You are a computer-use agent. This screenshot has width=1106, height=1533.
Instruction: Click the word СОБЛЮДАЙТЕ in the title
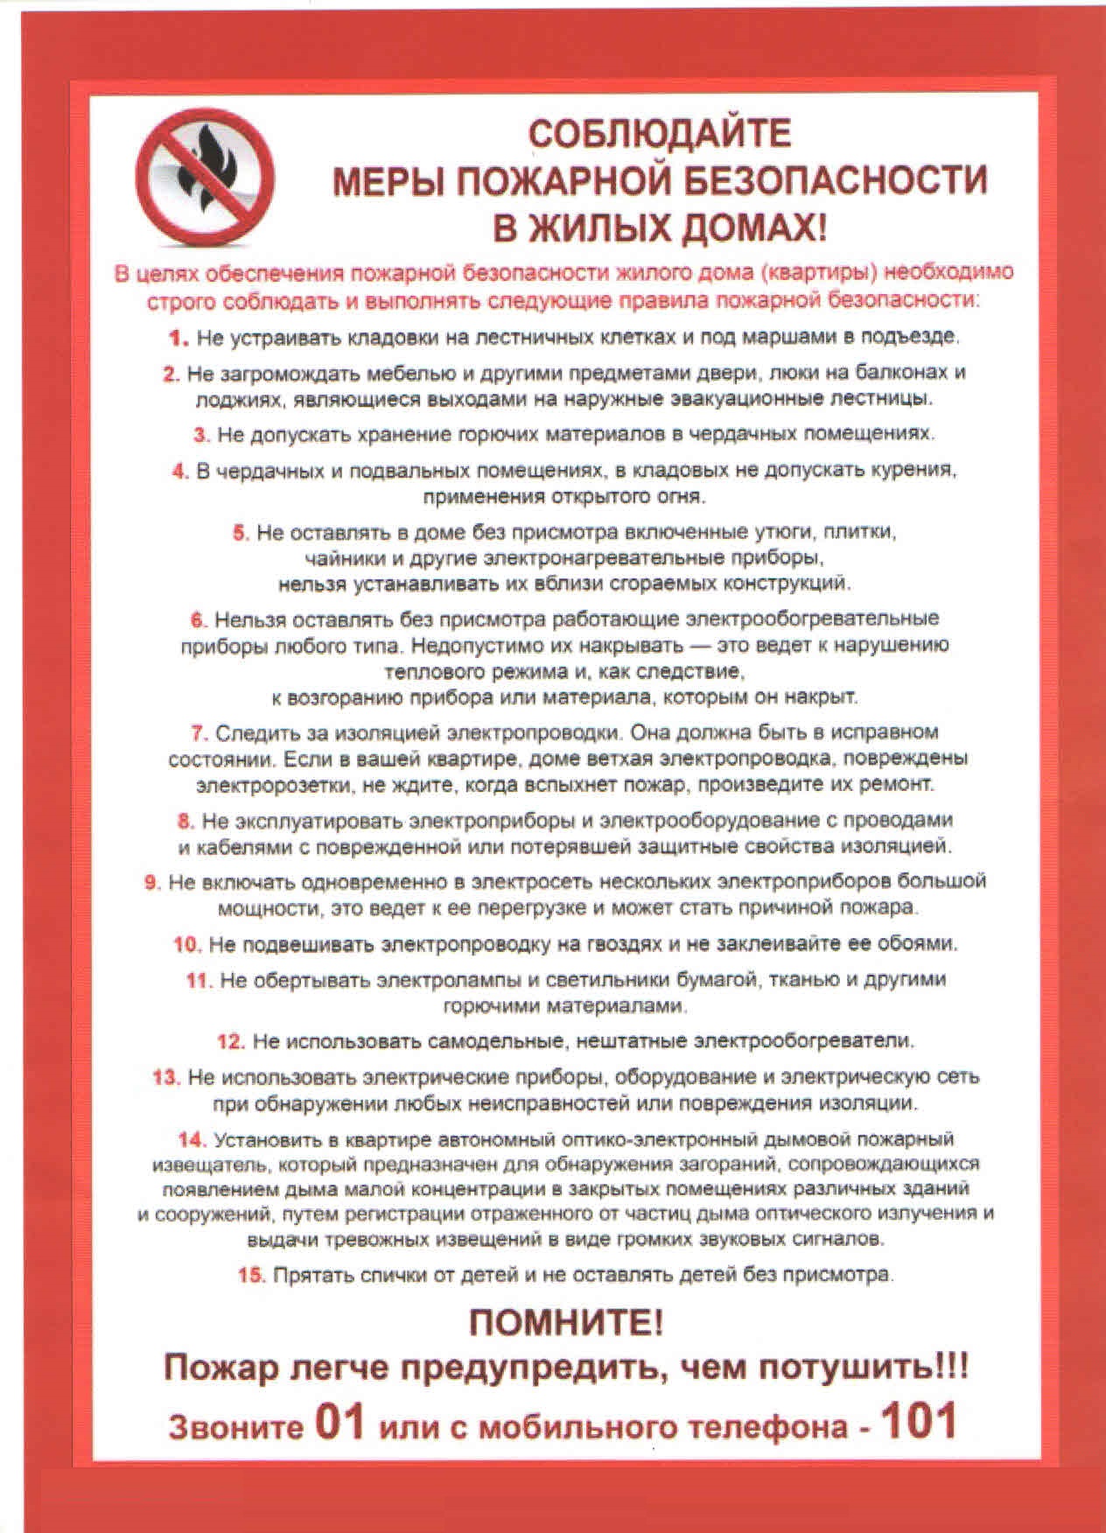pyautogui.click(x=660, y=134)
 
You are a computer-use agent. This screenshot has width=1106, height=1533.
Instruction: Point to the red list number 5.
pyautogui.click(x=241, y=532)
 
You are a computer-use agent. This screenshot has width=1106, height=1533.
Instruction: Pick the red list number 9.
pyautogui.click(x=152, y=881)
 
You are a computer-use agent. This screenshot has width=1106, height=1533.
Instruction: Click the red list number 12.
pyautogui.click(x=230, y=1041)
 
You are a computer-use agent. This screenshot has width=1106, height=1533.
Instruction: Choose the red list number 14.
pyautogui.click(x=191, y=1139)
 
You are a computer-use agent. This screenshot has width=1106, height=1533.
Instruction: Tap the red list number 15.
pyautogui.click(x=250, y=1274)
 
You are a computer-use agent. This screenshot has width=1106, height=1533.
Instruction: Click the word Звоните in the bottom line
pyautogui.click(x=235, y=1426)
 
